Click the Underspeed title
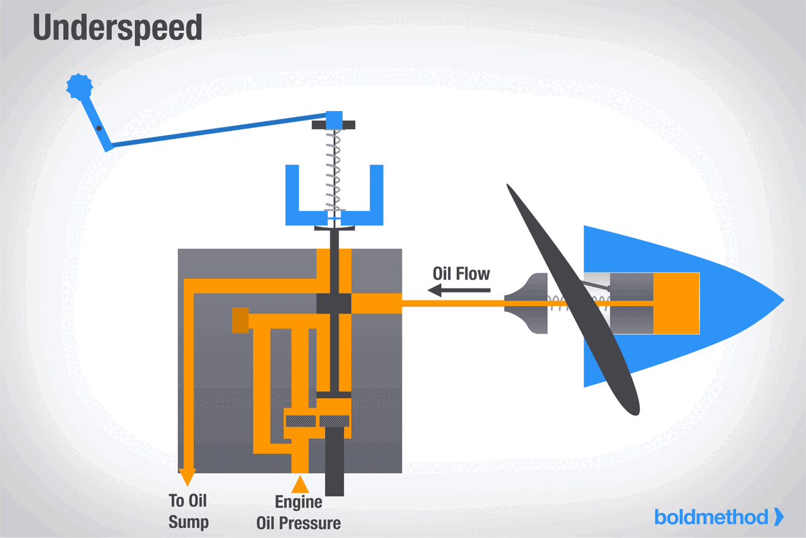pyautogui.click(x=118, y=28)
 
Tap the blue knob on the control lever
pyautogui.click(x=79, y=86)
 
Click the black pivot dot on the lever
pyautogui.click(x=98, y=128)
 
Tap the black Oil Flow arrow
pyautogui.click(x=459, y=291)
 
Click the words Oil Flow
pyautogui.click(x=461, y=274)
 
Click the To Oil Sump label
pyautogui.click(x=189, y=511)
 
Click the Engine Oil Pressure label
pyautogui.click(x=298, y=512)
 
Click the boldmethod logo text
pyautogui.click(x=712, y=516)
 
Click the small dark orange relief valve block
pyautogui.click(x=240, y=320)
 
